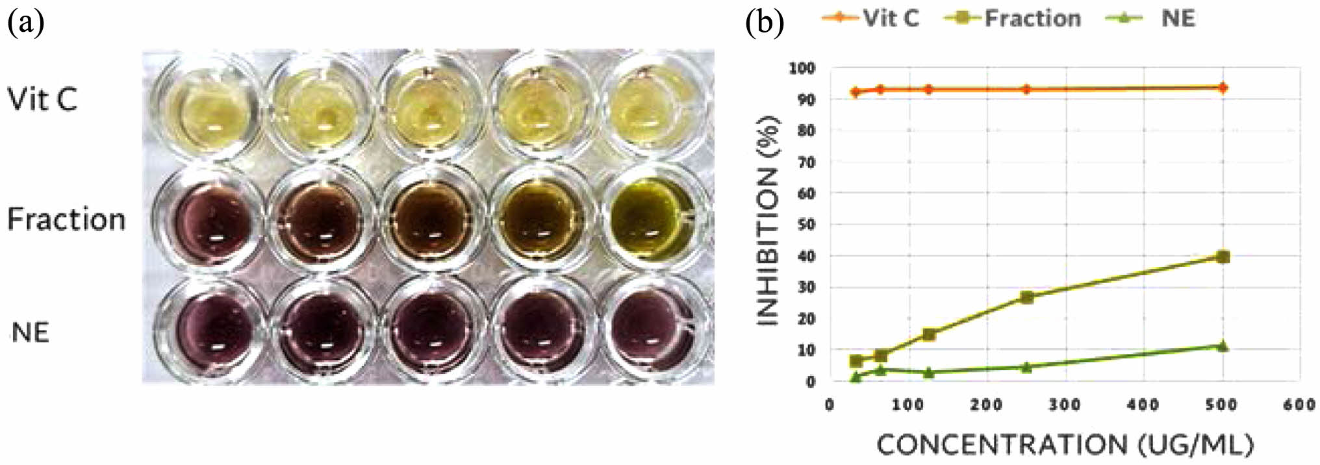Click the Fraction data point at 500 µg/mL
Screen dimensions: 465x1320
(1223, 257)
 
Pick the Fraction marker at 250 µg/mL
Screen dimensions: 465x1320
(1027, 297)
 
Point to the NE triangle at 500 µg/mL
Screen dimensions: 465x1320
(1223, 346)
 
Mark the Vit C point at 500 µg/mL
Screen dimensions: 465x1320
(1223, 88)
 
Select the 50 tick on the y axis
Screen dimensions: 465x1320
(806, 225)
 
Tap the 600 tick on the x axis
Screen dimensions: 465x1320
(1299, 405)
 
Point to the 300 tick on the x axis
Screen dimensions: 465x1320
(1065, 405)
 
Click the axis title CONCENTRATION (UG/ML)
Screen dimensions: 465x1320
(1065, 445)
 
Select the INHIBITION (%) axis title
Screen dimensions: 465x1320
(768, 221)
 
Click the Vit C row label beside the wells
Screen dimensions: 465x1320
(42, 99)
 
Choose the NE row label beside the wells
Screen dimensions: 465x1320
(31, 332)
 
